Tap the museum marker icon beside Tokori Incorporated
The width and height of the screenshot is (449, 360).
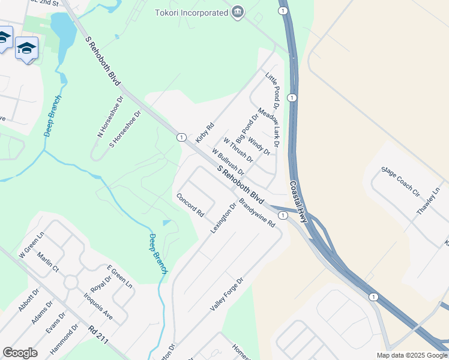point(238,12)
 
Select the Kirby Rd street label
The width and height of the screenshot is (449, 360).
point(205,133)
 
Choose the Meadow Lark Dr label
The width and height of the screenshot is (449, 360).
point(268,127)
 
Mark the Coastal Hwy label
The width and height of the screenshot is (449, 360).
point(298,202)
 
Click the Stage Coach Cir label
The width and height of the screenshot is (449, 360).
point(400,182)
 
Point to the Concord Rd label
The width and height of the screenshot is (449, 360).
point(190,205)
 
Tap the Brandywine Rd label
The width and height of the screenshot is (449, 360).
point(256,214)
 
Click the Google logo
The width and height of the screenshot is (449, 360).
point(20,353)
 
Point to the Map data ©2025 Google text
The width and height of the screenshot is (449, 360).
point(412,355)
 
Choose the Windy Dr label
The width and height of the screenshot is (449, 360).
point(259,146)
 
